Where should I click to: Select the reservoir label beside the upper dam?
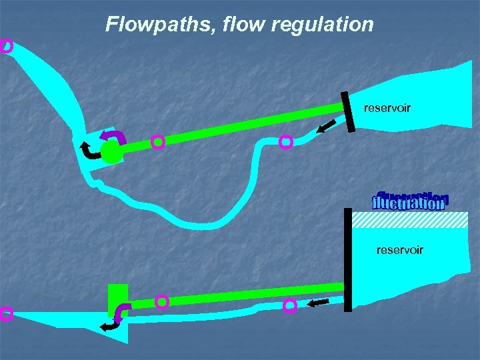(387, 107)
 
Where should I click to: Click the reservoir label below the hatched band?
(399, 250)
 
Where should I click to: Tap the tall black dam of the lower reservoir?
(347, 260)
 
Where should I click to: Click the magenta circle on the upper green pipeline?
(157, 141)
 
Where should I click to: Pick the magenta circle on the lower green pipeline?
(162, 301)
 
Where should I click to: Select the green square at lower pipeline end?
(117, 298)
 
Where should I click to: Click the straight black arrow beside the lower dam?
(319, 303)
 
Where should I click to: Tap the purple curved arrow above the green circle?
(112, 137)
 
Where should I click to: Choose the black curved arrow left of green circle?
(89, 151)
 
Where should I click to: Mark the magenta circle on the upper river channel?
(286, 141)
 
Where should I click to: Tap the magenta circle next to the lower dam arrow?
(290, 306)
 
